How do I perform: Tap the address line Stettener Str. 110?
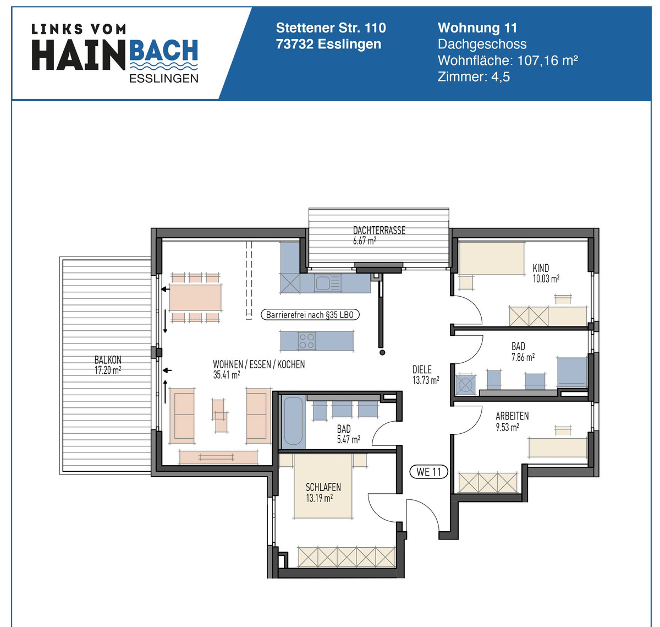[331, 28]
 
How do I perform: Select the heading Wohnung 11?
[477, 28]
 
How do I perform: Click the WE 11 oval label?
[429, 472]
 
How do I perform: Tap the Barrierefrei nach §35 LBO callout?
[310, 315]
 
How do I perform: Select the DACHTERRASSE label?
[379, 231]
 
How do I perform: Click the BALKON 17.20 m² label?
[108, 365]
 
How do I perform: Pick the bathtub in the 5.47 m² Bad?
[293, 422]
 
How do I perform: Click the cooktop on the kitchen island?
[307, 341]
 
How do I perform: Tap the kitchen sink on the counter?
[322, 283]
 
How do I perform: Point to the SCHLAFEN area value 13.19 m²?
[319, 498]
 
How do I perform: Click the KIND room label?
[541, 268]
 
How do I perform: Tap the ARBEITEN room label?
[512, 416]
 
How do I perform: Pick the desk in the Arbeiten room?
[557, 447]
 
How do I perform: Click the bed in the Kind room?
[492, 259]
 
